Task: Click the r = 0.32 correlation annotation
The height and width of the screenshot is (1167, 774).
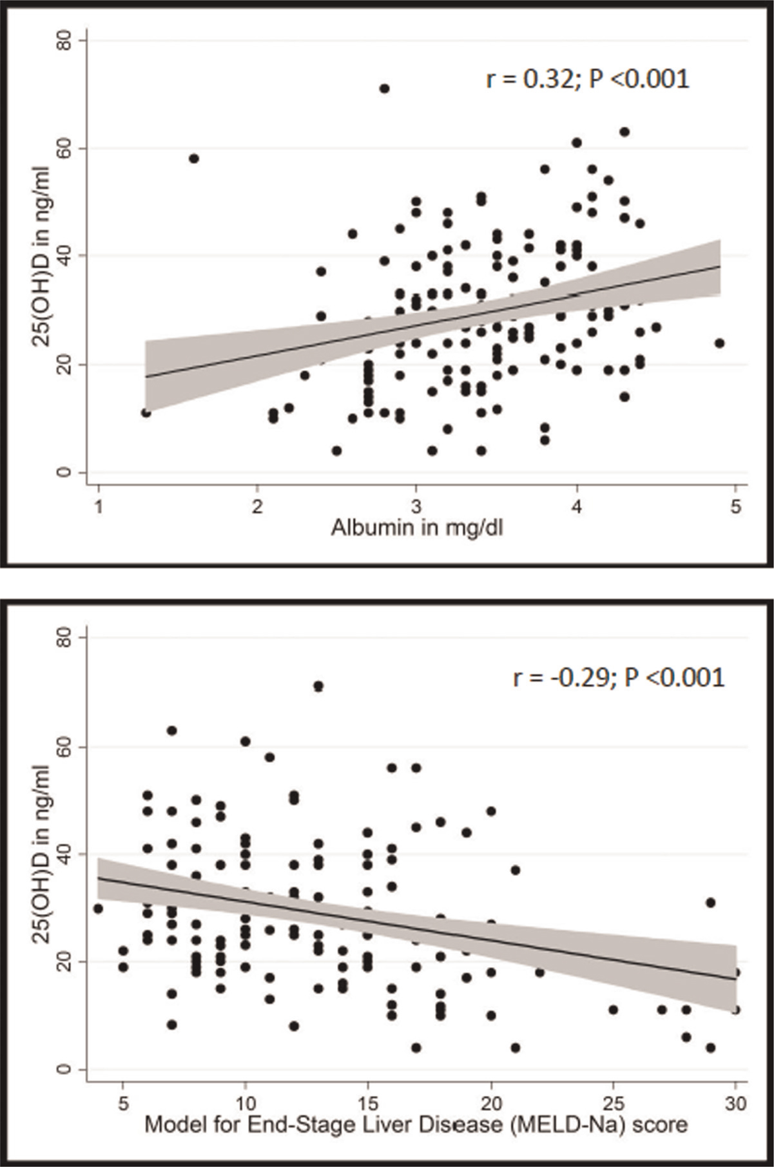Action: tap(587, 79)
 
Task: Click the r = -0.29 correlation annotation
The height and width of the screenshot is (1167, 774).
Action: tap(619, 677)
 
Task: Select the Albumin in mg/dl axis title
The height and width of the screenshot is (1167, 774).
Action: tap(417, 528)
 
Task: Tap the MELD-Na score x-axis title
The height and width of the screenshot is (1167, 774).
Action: tap(416, 1124)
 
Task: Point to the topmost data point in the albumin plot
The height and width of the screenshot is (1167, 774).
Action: tap(384, 88)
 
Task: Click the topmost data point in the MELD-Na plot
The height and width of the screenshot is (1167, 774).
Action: tap(318, 686)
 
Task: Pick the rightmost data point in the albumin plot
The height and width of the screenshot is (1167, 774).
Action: tap(720, 343)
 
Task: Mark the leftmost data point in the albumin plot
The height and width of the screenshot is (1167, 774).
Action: tap(146, 412)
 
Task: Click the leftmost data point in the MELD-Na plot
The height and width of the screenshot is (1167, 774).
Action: tap(98, 909)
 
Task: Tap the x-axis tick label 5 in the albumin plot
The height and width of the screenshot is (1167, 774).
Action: tap(736, 507)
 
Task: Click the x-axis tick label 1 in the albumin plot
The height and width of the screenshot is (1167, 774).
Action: tap(98, 507)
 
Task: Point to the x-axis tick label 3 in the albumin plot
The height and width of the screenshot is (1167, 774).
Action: tap(417, 507)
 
